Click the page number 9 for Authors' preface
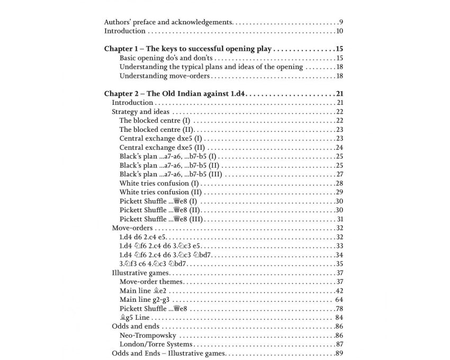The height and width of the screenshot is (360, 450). [x=341, y=22]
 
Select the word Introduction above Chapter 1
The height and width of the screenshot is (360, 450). [x=124, y=31]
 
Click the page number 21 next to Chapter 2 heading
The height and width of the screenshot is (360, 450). [x=339, y=94]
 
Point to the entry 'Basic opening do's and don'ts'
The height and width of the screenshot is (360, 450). [x=166, y=58]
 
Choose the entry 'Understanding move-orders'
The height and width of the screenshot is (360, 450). [x=164, y=76]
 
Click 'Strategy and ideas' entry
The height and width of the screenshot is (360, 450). [x=140, y=112]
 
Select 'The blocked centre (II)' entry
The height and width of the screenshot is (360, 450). [x=157, y=130]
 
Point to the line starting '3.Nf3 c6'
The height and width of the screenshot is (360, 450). [x=151, y=264]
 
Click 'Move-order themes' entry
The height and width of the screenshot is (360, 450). [x=151, y=282]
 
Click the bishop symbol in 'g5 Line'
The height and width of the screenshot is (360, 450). [x=123, y=318]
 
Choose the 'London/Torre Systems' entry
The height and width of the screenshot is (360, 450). [x=156, y=345]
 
